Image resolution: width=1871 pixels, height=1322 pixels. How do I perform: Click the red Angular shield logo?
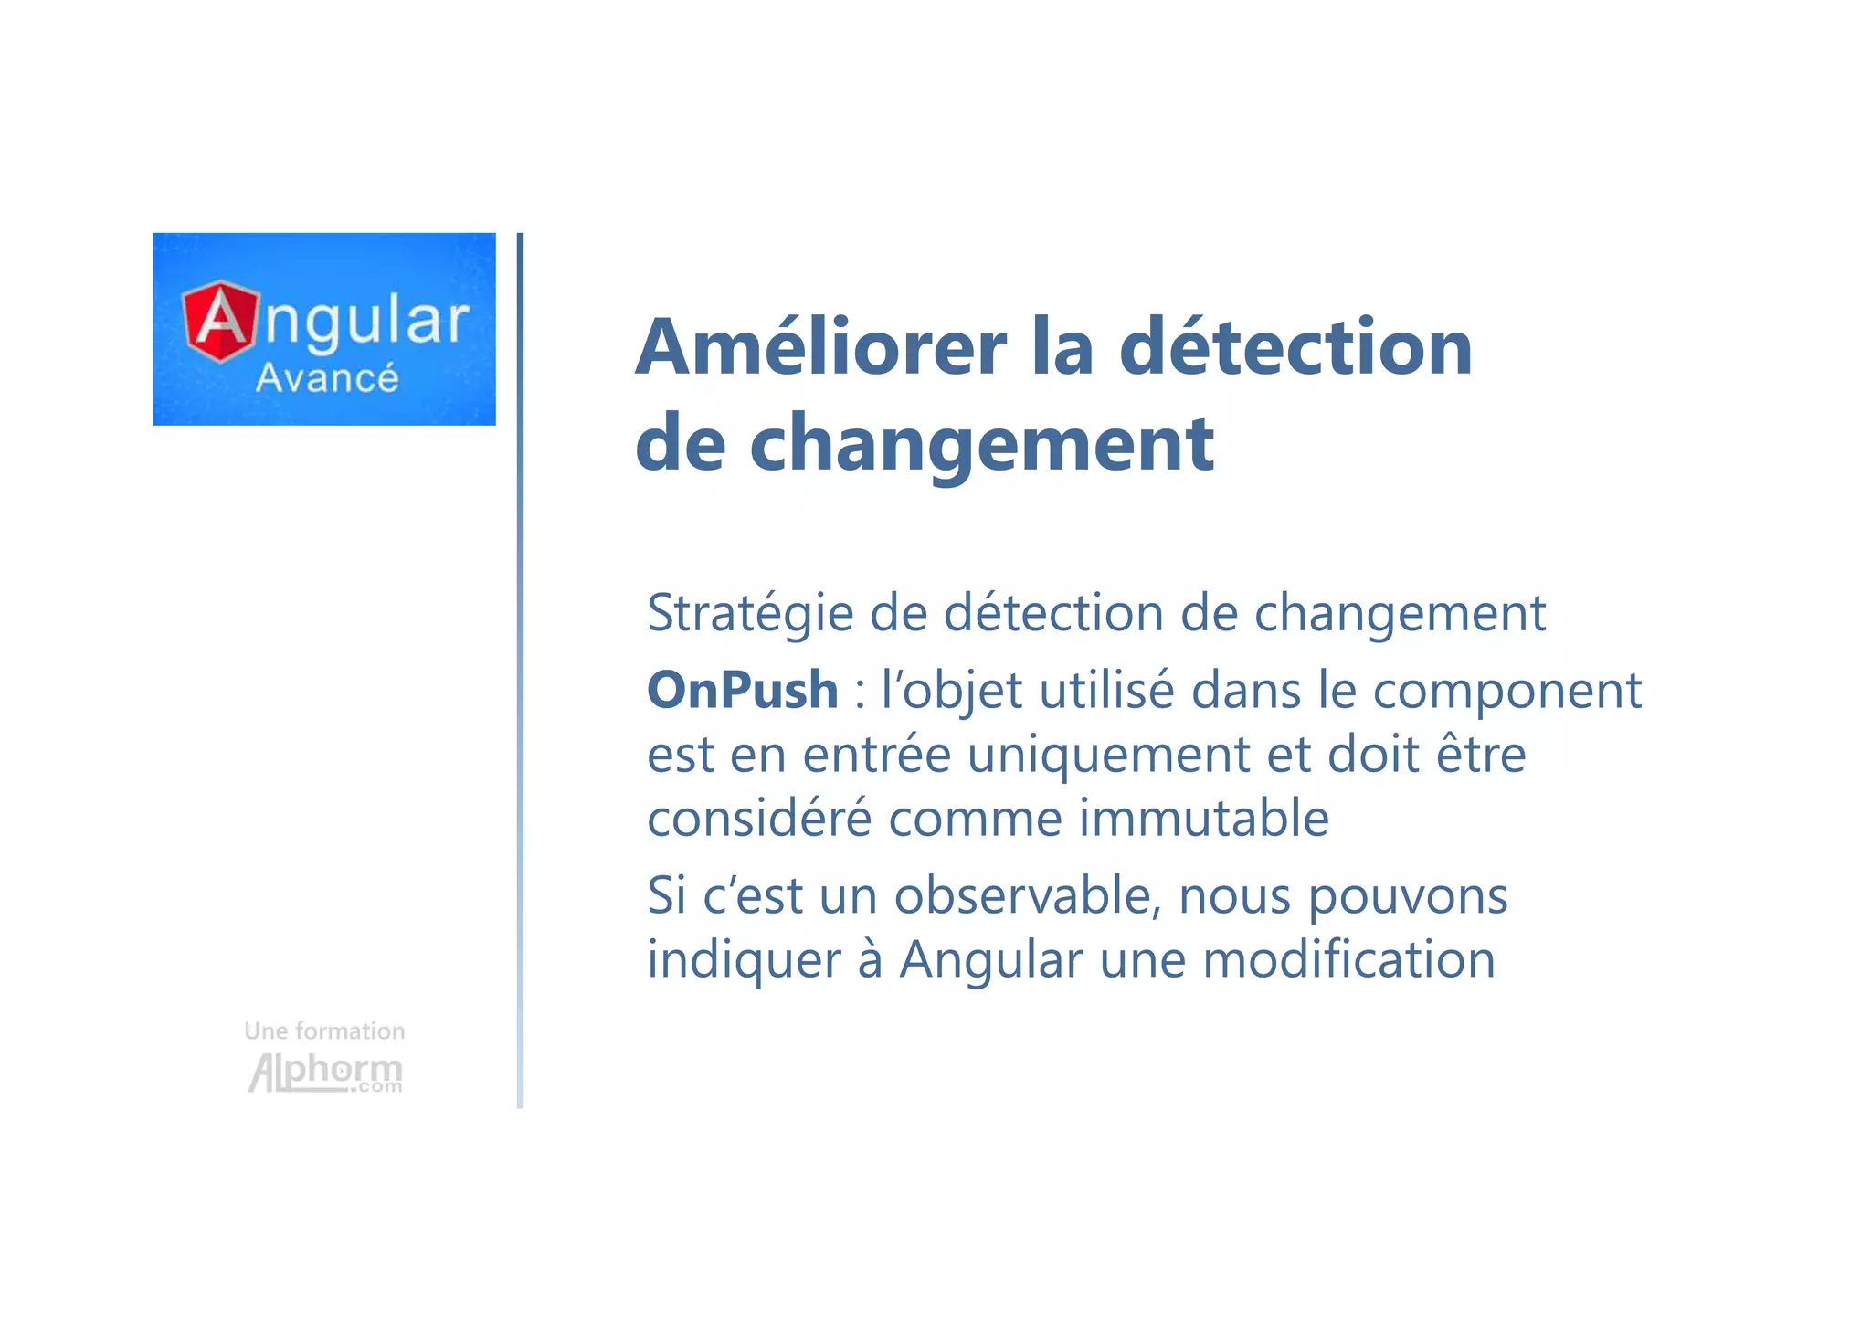tap(220, 321)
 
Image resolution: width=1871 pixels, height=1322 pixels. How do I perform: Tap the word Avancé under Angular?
tap(327, 378)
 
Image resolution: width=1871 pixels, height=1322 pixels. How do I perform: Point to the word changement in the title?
tap(981, 444)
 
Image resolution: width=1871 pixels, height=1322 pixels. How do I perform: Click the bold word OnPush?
tap(742, 690)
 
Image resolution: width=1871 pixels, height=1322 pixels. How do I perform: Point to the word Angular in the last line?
tap(990, 961)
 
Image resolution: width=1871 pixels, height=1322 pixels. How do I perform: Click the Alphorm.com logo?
tap(325, 1073)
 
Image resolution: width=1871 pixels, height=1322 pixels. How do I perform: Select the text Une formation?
tap(324, 1031)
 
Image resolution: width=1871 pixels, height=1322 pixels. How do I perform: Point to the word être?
tap(1481, 755)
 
